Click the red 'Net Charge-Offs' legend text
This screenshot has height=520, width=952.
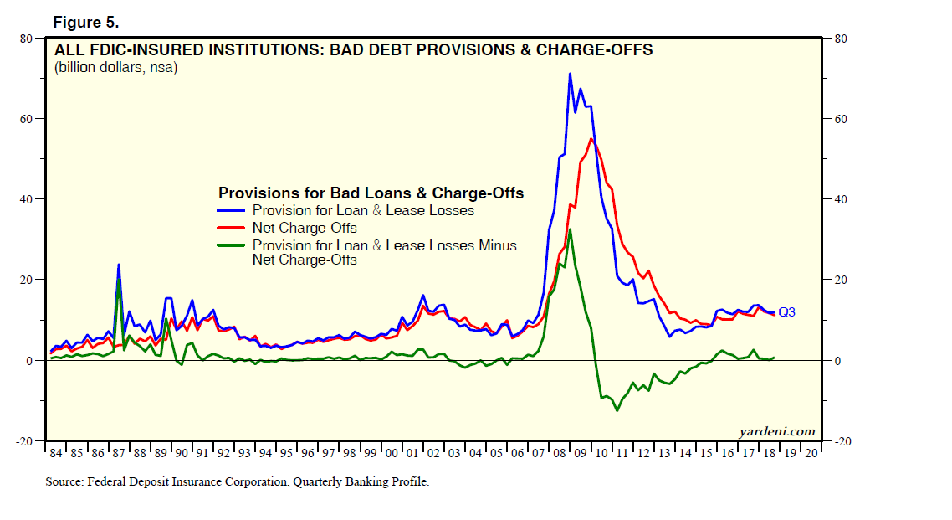click(305, 228)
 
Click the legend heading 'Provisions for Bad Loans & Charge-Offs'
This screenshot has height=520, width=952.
click(371, 193)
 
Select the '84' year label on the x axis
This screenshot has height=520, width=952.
click(56, 453)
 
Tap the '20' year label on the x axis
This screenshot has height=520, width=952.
click(810, 453)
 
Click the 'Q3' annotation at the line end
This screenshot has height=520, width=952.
click(786, 312)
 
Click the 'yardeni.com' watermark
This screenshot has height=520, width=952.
click(776, 431)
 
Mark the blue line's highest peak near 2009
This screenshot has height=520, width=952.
click(570, 74)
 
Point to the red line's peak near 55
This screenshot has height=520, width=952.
click(591, 139)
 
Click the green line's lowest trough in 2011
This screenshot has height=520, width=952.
click(617, 409)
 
